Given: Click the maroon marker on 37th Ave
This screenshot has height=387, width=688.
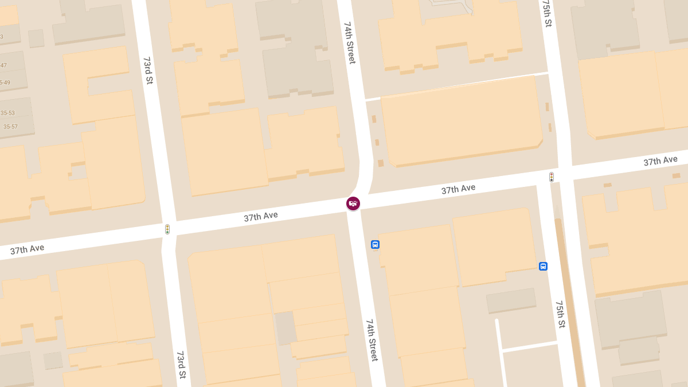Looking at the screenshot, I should (x=353, y=204).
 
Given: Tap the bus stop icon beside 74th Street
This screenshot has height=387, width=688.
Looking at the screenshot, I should (x=375, y=244).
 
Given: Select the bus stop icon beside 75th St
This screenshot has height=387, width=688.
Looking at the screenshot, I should (x=543, y=266).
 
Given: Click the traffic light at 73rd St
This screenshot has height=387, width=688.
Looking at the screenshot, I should (x=167, y=229).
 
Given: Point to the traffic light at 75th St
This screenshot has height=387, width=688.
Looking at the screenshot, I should (x=552, y=177).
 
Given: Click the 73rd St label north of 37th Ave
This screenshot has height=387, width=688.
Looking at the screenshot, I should (x=148, y=71).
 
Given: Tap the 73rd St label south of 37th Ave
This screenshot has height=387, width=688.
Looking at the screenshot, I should (x=181, y=365).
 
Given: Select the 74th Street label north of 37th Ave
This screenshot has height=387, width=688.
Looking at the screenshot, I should (x=350, y=43).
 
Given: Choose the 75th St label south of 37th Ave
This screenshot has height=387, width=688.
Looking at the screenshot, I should (x=560, y=314).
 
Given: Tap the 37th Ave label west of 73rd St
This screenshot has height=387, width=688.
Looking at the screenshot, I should (x=27, y=249).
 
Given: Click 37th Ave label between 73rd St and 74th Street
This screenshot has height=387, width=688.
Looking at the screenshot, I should (x=261, y=216).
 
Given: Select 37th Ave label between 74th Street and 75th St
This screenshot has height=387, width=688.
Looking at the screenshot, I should (x=458, y=189).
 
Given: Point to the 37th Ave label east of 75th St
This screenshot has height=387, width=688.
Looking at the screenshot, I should (x=660, y=161).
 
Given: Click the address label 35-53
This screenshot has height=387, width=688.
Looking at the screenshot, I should (x=8, y=113).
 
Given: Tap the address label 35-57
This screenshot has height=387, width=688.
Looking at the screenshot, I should (x=10, y=127).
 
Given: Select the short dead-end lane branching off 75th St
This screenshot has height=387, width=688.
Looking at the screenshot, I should (x=528, y=346).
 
